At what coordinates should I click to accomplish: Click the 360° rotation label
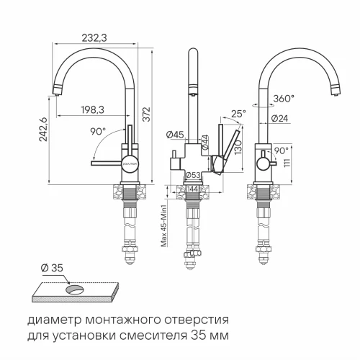pyautogui.click(x=283, y=98)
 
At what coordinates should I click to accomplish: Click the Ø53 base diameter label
pyautogui.click(x=192, y=175)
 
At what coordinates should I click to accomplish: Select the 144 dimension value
pyautogui.click(x=192, y=189)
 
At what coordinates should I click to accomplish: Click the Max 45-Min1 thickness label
pyautogui.click(x=164, y=227)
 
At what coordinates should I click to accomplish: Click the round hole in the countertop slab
pyautogui.click(x=74, y=289)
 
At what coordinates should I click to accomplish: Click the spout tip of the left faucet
pyautogui.click(x=56, y=91)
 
